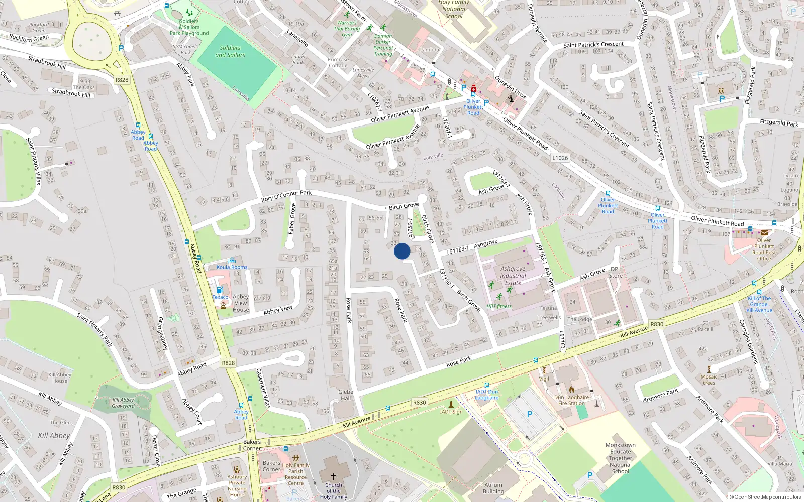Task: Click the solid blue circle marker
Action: tap(402, 251)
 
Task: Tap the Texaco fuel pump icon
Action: tap(219, 290)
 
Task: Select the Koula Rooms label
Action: tap(232, 267)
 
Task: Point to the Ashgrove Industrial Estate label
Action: tap(513, 276)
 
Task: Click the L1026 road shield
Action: tap(560, 158)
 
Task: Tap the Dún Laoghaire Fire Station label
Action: tap(571, 400)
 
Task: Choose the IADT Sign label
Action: tap(451, 412)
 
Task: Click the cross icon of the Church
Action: tap(333, 476)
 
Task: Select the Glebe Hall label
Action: tap(346, 395)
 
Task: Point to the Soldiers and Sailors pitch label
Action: tap(230, 51)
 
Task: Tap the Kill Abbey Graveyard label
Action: tap(123, 403)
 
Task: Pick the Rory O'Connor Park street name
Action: tap(286, 196)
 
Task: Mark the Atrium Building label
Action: tap(493, 488)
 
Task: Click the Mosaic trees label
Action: tap(709, 380)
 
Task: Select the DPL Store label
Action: tap(616, 272)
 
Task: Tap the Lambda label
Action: tap(430, 50)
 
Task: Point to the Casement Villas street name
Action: tap(263, 388)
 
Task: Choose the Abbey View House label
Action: tap(241, 303)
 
